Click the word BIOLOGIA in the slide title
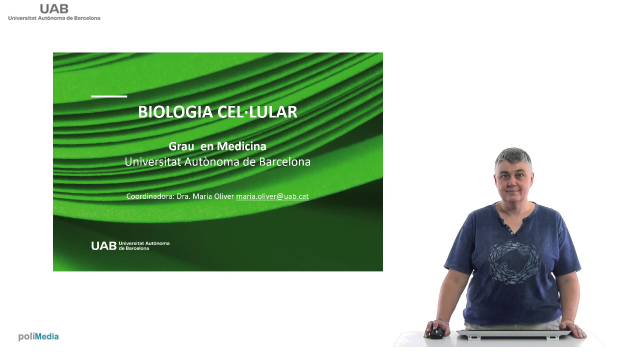pyautogui.click(x=175, y=111)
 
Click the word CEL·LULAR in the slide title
pyautogui.click(x=257, y=111)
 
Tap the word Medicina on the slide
pyautogui.click(x=241, y=146)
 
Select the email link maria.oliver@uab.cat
pyautogui.click(x=272, y=196)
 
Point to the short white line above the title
pyautogui.click(x=109, y=96)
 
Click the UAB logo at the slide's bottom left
pyautogui.click(x=130, y=245)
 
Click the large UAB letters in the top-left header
pyautogui.click(x=54, y=9)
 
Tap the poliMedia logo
pyautogui.click(x=38, y=336)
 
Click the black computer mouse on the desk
pyautogui.click(x=436, y=332)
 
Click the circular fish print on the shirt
pyautogui.click(x=514, y=263)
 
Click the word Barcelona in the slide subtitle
pyautogui.click(x=285, y=162)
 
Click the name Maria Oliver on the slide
pyautogui.click(x=213, y=196)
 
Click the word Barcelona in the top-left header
pyautogui.click(x=87, y=18)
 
